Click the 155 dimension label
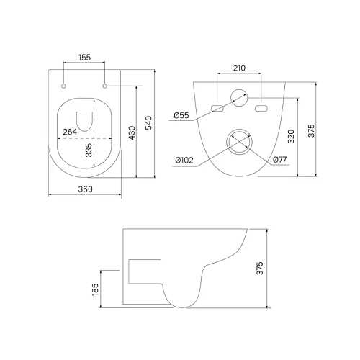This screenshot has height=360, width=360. point(84,58)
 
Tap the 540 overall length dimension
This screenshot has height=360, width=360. point(149,122)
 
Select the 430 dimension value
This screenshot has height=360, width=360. point(132,132)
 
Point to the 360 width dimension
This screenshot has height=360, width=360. point(85,189)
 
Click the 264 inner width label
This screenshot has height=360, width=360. point(70,132)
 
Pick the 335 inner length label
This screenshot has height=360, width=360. point(89,150)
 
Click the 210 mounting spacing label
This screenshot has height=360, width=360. point(239,68)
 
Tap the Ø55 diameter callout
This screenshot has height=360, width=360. point(181,115)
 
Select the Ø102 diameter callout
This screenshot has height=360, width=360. point(184,160)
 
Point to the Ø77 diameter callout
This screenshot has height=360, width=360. point(280,160)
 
